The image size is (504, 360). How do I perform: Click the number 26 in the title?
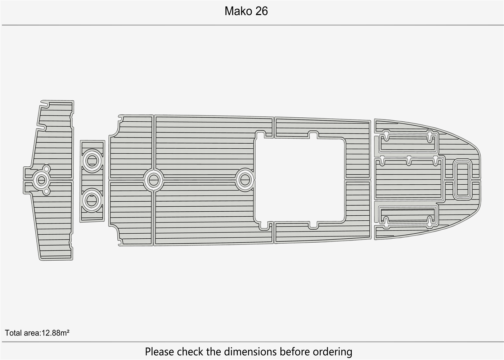click(x=261, y=11)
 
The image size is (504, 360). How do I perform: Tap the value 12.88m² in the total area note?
click(x=55, y=333)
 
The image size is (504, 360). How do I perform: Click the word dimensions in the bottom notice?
click(x=251, y=351)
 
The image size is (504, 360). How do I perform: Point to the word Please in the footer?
click(x=159, y=351)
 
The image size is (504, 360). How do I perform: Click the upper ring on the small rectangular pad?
click(x=92, y=161)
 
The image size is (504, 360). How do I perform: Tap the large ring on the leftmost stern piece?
click(x=41, y=180)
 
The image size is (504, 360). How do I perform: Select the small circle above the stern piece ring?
click(x=46, y=168)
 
